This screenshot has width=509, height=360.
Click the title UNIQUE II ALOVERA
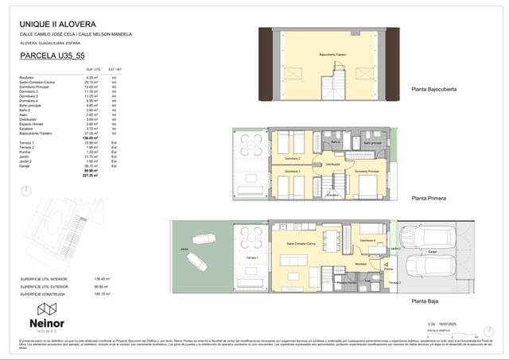[x=56, y=23]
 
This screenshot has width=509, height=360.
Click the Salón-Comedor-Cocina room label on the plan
[x=301, y=244]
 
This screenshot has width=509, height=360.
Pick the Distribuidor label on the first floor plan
[x=332, y=165]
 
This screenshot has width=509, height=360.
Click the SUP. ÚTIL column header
[x=94, y=70]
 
